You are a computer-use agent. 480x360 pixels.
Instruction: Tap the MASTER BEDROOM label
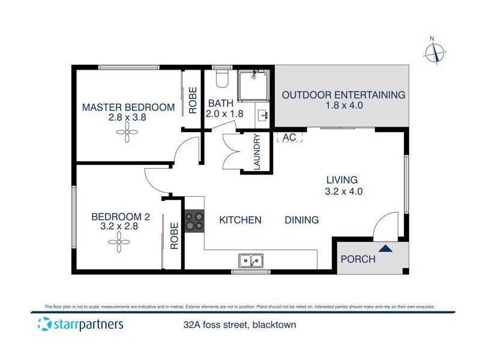pos(128,108)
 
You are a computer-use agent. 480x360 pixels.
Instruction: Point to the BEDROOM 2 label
pos(121,217)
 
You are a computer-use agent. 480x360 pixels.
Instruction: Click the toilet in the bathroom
pos(221,78)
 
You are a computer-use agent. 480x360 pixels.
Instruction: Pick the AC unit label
pos(289,137)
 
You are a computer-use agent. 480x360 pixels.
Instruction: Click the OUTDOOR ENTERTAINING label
pos(344,95)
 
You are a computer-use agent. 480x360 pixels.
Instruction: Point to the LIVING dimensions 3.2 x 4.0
pos(343,192)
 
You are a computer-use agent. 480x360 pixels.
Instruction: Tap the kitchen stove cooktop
pos(194,220)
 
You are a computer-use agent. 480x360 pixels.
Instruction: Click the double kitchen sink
pos(251,260)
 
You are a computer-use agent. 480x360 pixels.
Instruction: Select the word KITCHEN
pos(240,220)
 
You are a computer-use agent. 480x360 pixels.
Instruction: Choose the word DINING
pos(302,220)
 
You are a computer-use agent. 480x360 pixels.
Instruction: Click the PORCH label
pos(358,259)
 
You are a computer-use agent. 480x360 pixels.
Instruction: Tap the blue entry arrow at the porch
pos(385,247)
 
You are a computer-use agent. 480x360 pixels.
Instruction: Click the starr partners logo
pos(80,325)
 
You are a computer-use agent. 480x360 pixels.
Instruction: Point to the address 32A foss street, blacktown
pos(240,325)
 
